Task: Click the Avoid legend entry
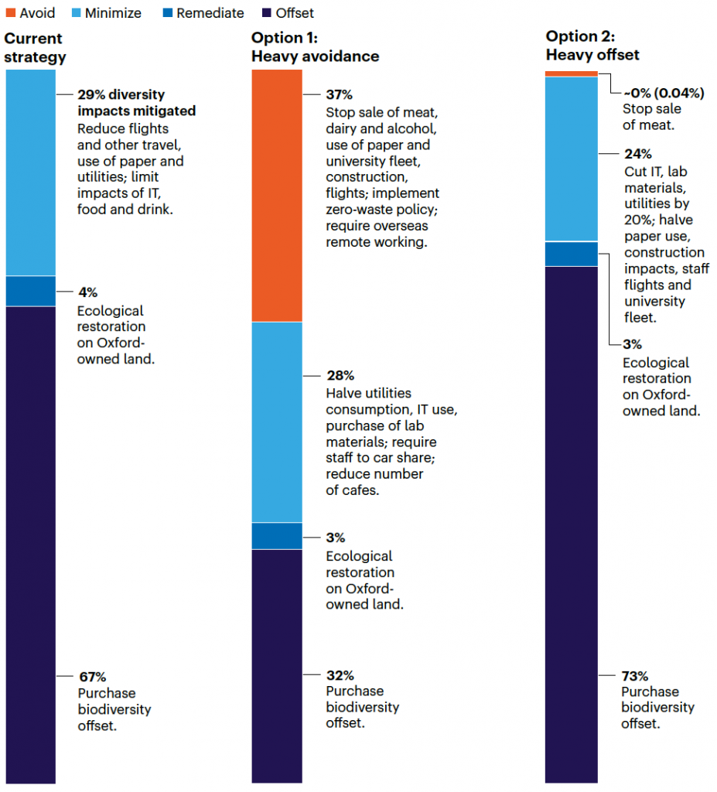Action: (x=31, y=13)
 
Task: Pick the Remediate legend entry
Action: (x=202, y=13)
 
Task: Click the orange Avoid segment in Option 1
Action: (x=276, y=195)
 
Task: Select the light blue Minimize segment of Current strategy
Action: (x=31, y=172)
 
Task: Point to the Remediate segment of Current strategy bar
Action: (x=31, y=291)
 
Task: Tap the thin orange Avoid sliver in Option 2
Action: (x=571, y=73)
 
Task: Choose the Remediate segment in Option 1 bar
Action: (x=276, y=535)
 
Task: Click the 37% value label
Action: (x=339, y=95)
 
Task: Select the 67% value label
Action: (x=92, y=677)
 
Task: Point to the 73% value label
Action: (x=635, y=675)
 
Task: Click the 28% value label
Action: (x=340, y=376)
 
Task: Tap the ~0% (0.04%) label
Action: (x=664, y=93)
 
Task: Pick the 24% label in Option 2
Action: (x=638, y=154)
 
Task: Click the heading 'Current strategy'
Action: (x=35, y=48)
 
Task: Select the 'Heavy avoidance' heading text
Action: (x=315, y=56)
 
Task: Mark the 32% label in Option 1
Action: (x=340, y=674)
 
